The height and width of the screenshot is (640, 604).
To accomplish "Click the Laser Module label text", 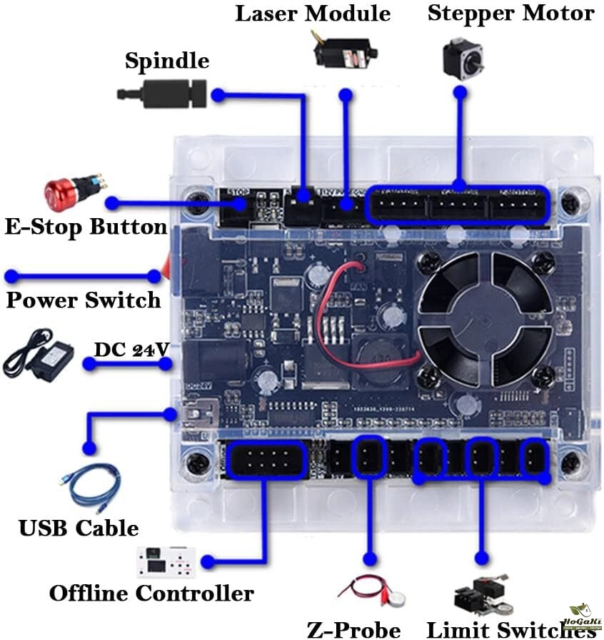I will pyautogui.click(x=313, y=14).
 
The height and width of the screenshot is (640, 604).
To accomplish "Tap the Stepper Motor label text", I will pyautogui.click(x=510, y=14).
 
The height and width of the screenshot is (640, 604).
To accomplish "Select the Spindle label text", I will pyautogui.click(x=167, y=61).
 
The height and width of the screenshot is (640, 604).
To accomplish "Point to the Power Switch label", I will pyautogui.click(x=84, y=300).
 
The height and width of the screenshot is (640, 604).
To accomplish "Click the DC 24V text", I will pyautogui.click(x=132, y=350).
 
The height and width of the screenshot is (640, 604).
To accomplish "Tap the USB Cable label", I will pyautogui.click(x=79, y=528).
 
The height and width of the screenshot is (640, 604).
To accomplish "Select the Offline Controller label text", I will pyautogui.click(x=151, y=593).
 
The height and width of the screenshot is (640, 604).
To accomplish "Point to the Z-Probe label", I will pyautogui.click(x=354, y=629).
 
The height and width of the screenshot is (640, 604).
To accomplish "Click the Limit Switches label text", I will pyautogui.click(x=510, y=629).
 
